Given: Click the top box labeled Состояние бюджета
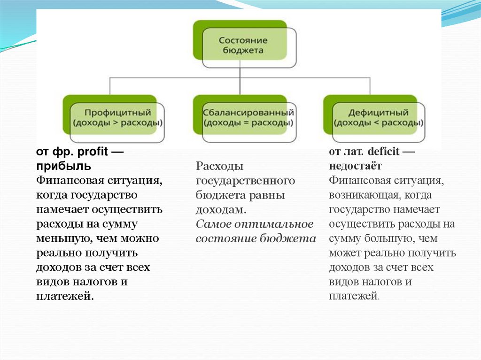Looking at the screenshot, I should click(243, 45).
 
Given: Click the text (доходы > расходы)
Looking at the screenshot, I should click(117, 123).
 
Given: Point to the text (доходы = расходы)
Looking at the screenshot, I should click(248, 123).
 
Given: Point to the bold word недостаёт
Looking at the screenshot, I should click(355, 166).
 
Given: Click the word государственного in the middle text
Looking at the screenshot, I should click(245, 181).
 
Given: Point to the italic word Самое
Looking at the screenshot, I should click(210, 224).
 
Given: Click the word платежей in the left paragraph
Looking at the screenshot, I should click(64, 296).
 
